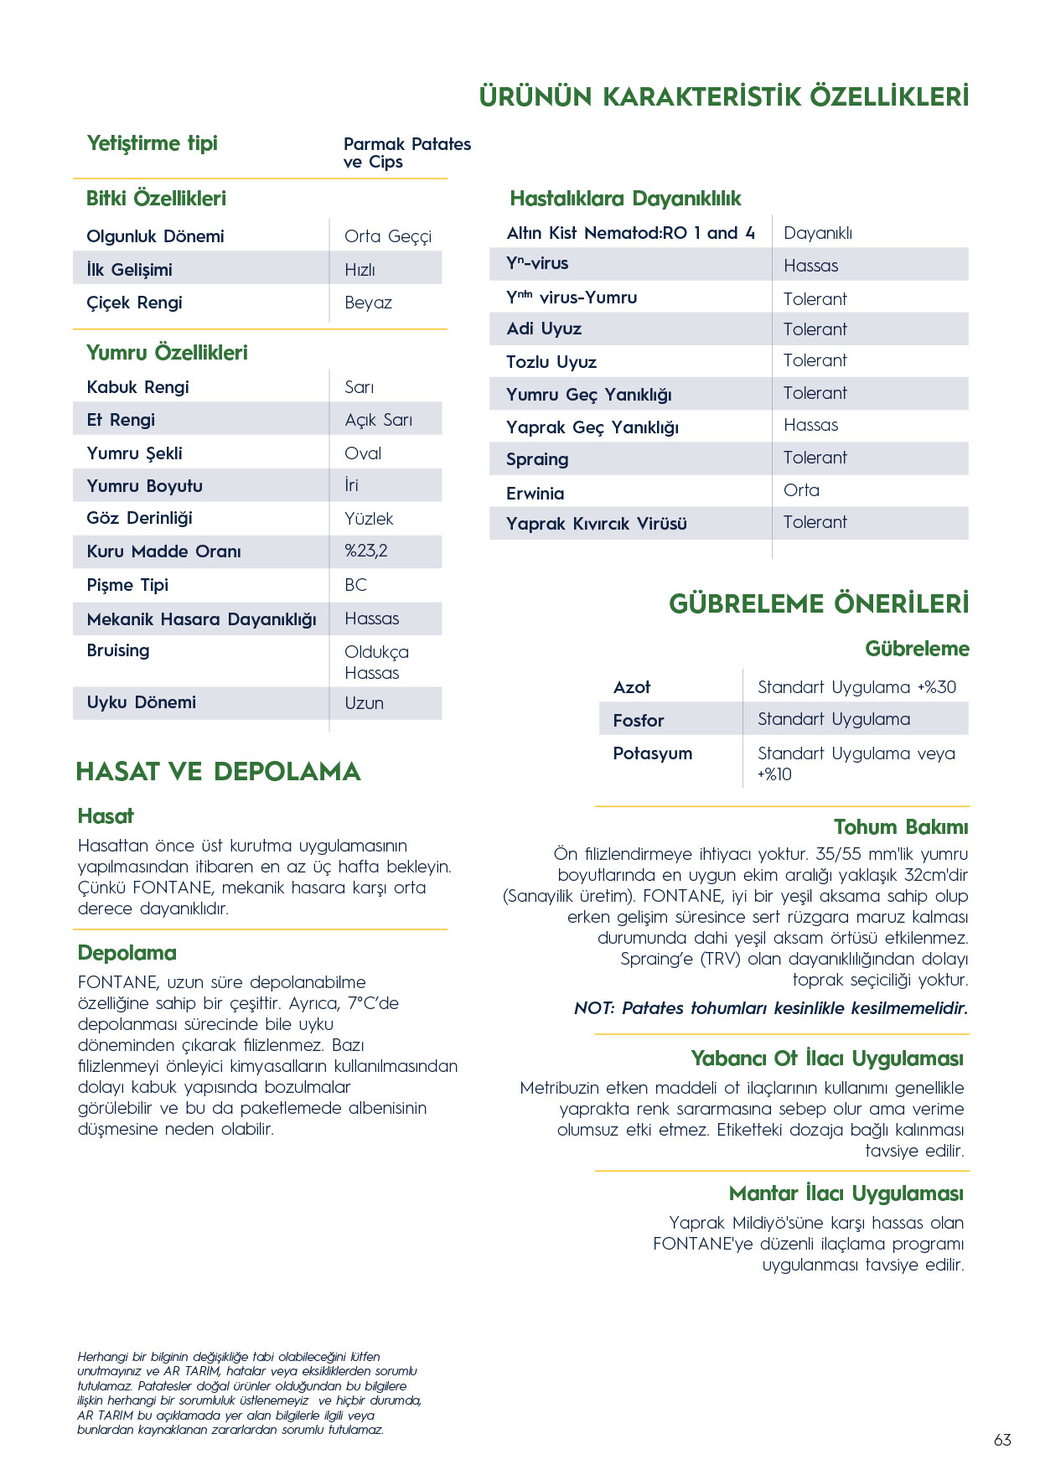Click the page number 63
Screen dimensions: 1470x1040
pos(1002,1440)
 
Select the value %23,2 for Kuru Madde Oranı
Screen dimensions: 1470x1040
pos(366,551)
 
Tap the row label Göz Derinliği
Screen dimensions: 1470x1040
pos(139,518)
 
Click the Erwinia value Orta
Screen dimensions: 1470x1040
pos(801,490)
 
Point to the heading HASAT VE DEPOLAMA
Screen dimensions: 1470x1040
pos(218,771)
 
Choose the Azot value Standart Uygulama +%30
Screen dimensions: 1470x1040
pos(856,687)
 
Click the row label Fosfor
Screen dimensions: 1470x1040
pos(638,720)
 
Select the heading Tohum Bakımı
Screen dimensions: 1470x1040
pos(900,827)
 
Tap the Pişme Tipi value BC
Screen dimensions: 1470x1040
pos(355,585)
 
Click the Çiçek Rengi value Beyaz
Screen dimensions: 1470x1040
pos(368,303)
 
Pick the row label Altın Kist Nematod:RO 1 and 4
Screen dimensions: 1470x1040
pos(630,233)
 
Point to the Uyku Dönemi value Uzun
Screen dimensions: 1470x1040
pos(364,703)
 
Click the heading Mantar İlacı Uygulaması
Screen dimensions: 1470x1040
pos(846,1193)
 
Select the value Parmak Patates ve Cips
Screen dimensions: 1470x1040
pos(406,153)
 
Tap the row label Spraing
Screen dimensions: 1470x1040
pos(537,459)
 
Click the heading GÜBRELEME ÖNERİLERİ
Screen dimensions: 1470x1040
pos(818,603)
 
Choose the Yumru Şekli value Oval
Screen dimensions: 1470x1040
pos(363,453)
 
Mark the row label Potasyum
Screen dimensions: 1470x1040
pos(652,753)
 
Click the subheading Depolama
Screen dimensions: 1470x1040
pos(127,953)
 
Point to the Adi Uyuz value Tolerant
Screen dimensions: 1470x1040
pos(815,329)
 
